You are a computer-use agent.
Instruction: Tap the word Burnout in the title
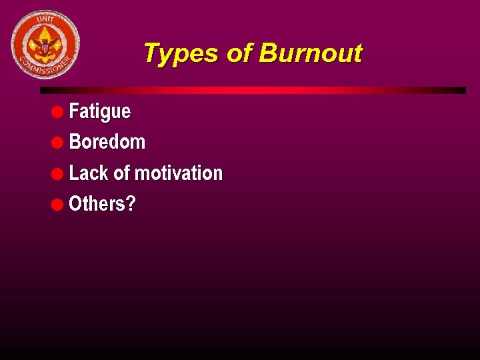pos(310,53)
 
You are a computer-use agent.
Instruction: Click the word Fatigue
pos(100,111)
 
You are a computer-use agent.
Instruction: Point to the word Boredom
pos(107,142)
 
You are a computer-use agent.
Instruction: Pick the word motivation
pos(179,173)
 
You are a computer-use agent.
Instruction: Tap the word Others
pos(97,204)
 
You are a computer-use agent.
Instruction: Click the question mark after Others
pos(131,204)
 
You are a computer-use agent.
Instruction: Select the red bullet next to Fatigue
pos(58,111)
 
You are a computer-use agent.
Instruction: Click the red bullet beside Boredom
pos(58,142)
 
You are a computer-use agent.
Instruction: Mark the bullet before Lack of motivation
pos(58,173)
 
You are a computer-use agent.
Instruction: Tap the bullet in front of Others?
pos(58,204)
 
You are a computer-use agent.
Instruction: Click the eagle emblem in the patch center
pos(45,45)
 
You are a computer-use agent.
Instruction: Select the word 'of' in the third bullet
pos(122,173)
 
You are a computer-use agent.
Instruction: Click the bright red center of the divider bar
pos(253,90)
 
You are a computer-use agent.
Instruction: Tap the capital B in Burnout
pos(266,53)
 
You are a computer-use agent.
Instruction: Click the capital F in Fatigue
pos(73,111)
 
